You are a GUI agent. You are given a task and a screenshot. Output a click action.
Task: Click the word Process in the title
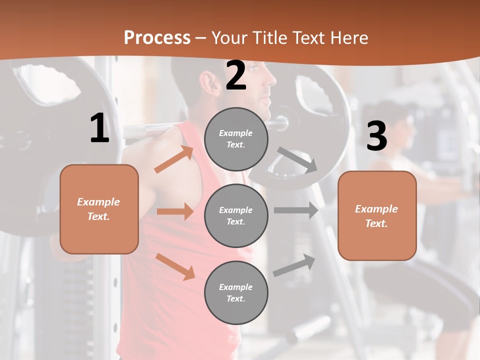pos(157,38)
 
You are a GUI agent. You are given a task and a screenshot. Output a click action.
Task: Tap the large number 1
pos(99,129)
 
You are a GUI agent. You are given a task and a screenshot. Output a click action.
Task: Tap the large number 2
pos(236,76)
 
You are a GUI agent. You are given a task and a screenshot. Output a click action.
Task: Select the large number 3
pos(376,136)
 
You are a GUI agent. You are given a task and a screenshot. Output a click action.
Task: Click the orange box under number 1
pos(99,209)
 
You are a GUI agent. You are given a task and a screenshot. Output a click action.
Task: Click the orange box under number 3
pos(377,215)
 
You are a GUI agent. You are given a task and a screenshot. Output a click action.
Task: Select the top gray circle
pos(236,139)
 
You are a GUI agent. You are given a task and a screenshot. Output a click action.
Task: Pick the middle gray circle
pos(236,215)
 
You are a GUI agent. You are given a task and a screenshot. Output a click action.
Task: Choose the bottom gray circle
pos(236,292)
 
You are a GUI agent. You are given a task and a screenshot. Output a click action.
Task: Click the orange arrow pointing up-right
pos(174,159)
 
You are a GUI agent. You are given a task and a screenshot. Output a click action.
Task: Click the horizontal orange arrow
pos(175,211)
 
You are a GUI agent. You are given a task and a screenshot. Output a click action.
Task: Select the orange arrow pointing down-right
pos(175,266)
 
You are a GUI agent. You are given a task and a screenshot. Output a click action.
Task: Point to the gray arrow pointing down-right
pos(298,160)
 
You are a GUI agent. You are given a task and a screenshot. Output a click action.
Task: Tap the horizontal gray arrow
pos(296,210)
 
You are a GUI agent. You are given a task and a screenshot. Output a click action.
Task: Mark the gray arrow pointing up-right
pos(294,265)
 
